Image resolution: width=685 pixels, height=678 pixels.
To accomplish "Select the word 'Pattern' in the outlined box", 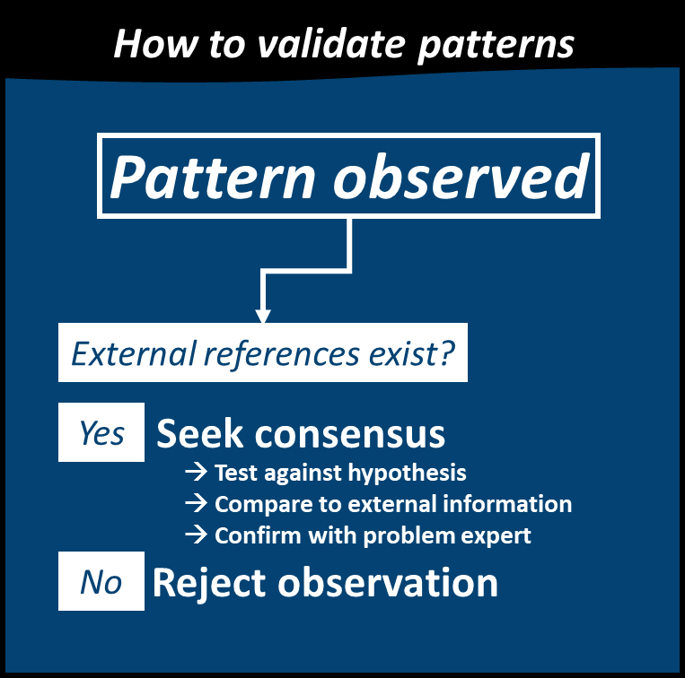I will (x=213, y=177).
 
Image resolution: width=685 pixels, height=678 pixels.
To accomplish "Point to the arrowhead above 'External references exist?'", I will (x=263, y=315).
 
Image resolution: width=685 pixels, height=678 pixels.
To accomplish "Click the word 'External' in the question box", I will (x=131, y=354).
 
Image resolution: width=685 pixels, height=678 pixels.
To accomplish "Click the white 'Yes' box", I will (x=101, y=432).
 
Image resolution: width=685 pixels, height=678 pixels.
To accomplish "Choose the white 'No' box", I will (x=101, y=582).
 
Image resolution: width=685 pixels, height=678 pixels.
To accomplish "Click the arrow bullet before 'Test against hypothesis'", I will (x=195, y=473).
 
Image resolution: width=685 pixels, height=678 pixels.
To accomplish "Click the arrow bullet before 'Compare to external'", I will (x=195, y=504).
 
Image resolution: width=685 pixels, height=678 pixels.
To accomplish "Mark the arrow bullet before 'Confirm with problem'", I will (x=195, y=536).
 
